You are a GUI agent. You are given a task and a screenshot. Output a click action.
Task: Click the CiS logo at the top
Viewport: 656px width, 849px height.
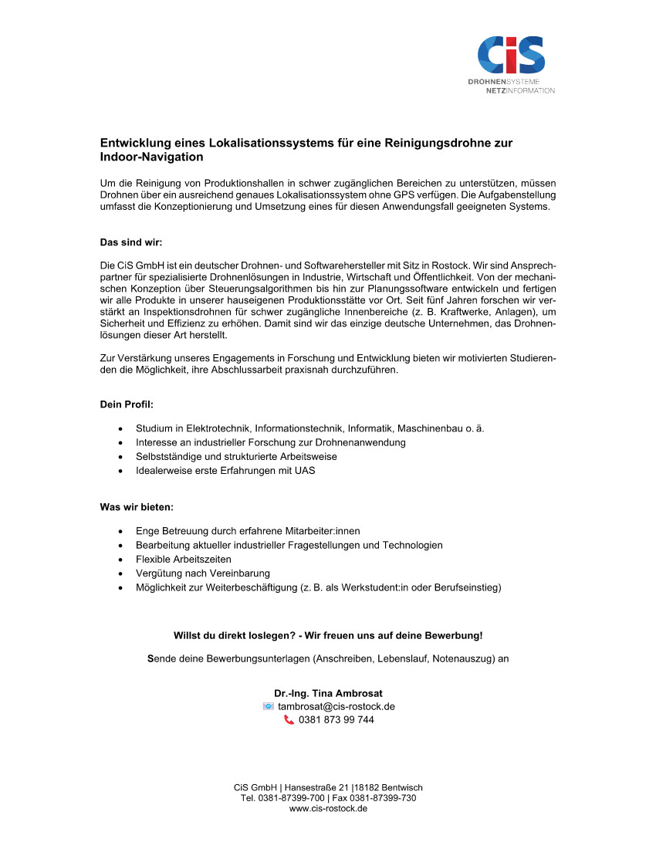(x=511, y=56)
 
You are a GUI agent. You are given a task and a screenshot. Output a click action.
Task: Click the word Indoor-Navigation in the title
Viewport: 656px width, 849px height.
(x=151, y=157)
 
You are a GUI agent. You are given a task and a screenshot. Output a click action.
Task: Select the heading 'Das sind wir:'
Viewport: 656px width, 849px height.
(x=131, y=242)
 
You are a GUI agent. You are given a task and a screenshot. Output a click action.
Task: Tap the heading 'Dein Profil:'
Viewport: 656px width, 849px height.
(x=127, y=404)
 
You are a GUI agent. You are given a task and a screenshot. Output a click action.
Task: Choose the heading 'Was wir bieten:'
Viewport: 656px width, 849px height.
(x=137, y=507)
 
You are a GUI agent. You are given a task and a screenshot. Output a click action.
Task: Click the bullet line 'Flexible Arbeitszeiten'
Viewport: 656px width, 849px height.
(x=183, y=559)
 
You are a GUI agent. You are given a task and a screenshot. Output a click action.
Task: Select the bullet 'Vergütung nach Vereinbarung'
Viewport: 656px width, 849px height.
(x=202, y=573)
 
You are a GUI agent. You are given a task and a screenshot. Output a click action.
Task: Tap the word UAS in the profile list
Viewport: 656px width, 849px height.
(x=303, y=471)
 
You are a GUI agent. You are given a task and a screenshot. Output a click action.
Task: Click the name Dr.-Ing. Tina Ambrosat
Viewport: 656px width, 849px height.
(x=328, y=693)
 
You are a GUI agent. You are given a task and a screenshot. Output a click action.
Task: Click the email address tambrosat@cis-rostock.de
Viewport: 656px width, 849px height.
(x=336, y=706)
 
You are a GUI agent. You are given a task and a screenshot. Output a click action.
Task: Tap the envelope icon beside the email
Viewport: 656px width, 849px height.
(x=268, y=706)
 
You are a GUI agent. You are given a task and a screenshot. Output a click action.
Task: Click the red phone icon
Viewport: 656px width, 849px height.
(x=289, y=720)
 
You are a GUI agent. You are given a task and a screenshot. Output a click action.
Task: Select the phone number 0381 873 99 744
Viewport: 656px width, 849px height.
(x=336, y=720)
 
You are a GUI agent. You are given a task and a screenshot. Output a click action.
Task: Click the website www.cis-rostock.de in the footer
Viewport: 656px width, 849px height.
(x=328, y=809)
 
